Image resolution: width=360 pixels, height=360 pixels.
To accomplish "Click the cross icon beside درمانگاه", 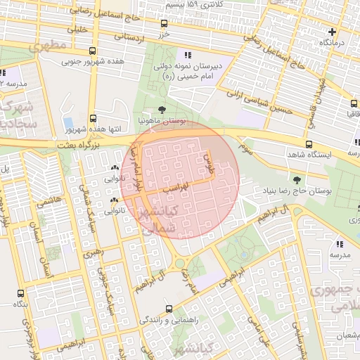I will (333, 32).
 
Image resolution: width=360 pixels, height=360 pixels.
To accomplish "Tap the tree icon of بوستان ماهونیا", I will (162, 110).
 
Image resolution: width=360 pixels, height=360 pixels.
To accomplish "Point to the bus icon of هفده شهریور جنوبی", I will (93, 51).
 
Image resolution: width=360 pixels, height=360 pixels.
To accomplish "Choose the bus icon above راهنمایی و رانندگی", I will (168, 308).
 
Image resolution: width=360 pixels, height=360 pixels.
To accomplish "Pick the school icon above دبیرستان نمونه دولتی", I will (187, 54).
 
